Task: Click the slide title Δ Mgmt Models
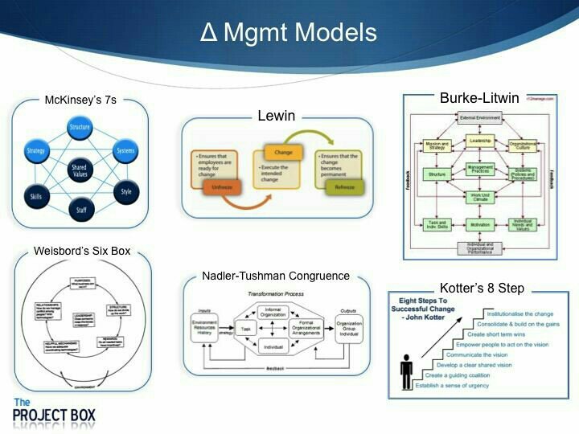pos(289,33)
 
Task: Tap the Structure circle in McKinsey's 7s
pos(80,126)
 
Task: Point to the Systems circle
pos(125,150)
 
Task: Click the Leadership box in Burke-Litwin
pos(479,140)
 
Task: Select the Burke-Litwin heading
pos(479,97)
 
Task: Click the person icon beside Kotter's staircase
pos(406,371)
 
